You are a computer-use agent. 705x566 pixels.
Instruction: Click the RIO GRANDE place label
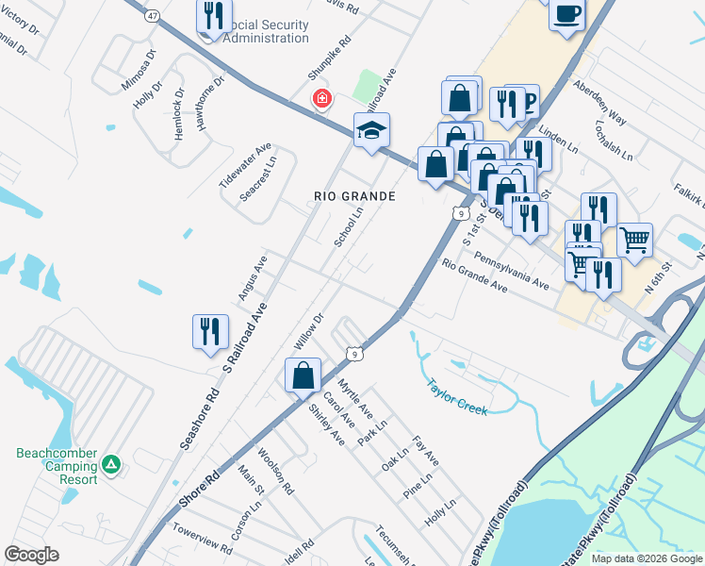[x=353, y=196]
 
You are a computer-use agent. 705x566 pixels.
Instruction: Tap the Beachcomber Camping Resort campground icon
[x=111, y=463]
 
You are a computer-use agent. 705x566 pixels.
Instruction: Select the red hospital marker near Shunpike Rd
[x=322, y=98]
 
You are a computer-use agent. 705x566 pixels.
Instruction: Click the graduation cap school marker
[x=371, y=131]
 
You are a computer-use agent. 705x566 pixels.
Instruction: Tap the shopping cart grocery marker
[x=635, y=240]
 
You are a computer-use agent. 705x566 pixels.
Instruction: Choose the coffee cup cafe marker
[x=566, y=14]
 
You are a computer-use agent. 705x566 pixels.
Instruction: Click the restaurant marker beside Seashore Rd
[x=210, y=331]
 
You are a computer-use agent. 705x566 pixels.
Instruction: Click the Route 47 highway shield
[x=153, y=15]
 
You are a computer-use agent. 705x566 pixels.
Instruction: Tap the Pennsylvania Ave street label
[x=512, y=270]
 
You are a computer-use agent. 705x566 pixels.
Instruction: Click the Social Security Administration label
[x=256, y=30]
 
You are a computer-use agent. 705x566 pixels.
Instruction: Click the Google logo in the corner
[x=31, y=555]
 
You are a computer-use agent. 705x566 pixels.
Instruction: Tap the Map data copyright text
[x=647, y=558]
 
